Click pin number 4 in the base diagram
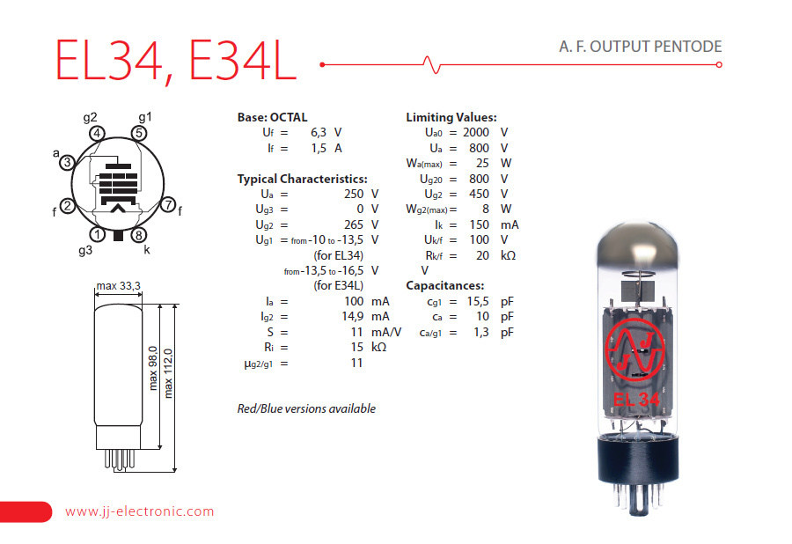coord(98,134)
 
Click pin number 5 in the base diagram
coord(138,134)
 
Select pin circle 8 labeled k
coord(138,235)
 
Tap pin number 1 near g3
coord(98,235)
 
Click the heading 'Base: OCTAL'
coord(273,117)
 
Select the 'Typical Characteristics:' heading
coord(303,179)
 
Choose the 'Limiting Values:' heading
coord(451,117)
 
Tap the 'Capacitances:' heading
coord(445,286)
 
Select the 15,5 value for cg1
coord(475,301)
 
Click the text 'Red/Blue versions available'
coord(306,408)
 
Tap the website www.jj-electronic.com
coord(139,511)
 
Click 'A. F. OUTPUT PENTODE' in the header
coord(640,47)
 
